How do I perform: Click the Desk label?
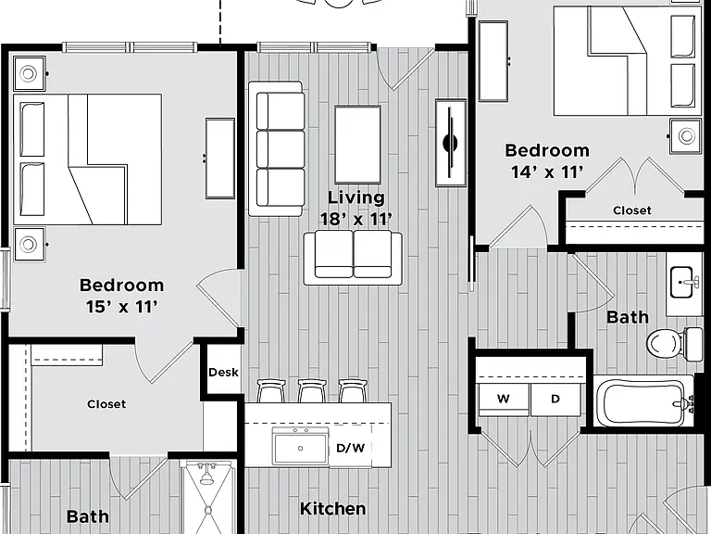pyautogui.click(x=223, y=373)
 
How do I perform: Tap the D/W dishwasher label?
pyautogui.click(x=350, y=448)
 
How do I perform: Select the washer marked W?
pyautogui.click(x=504, y=400)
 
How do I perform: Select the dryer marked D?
pyautogui.click(x=555, y=400)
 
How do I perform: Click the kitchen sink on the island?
pyautogui.click(x=300, y=446)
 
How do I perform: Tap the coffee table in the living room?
pyautogui.click(x=357, y=144)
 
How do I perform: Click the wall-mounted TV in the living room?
pyautogui.click(x=450, y=143)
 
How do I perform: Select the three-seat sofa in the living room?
pyautogui.click(x=277, y=148)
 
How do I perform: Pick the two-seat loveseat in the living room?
pyautogui.click(x=353, y=258)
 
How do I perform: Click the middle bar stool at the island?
pyautogui.click(x=312, y=391)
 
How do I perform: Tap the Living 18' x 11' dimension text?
pyautogui.click(x=355, y=209)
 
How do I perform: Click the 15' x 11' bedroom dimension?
pyautogui.click(x=122, y=307)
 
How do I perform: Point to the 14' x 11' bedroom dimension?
pyautogui.click(x=547, y=172)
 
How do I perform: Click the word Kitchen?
pyautogui.click(x=333, y=509)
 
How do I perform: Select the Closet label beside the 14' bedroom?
pyautogui.click(x=632, y=210)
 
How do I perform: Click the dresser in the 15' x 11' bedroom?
pyautogui.click(x=220, y=158)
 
